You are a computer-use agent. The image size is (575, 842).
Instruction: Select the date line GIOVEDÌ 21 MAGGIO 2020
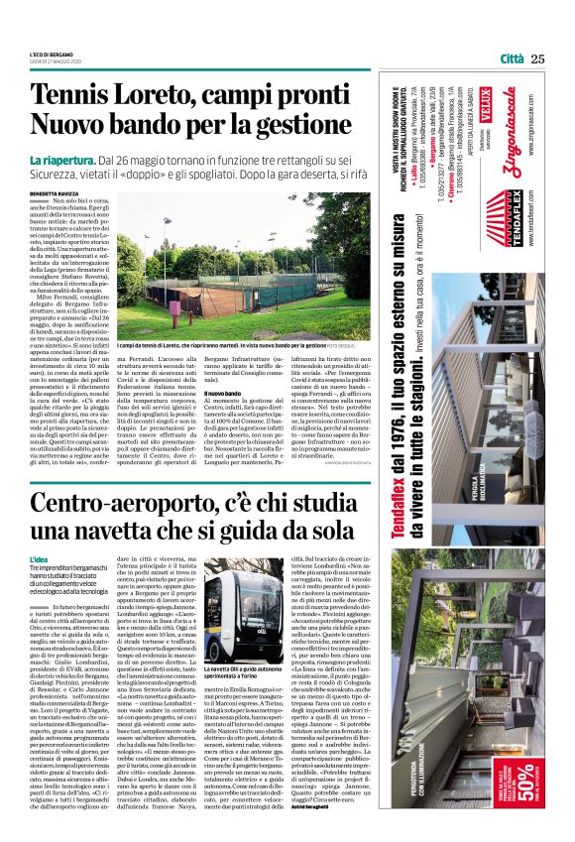pyautogui.click(x=58, y=61)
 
